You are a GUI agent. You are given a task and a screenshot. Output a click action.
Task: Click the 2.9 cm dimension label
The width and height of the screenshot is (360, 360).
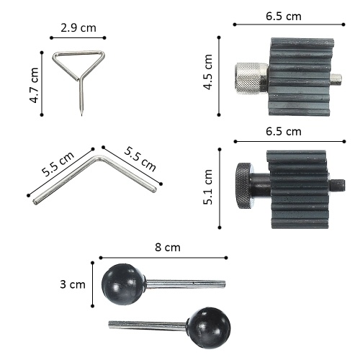coord(78,28)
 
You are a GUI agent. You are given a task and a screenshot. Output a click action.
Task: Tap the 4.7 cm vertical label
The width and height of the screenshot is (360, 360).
coord(34,86)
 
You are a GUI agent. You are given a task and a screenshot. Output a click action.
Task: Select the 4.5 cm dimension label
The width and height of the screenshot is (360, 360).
coord(208,72)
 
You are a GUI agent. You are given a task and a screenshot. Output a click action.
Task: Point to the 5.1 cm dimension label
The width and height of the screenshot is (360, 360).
coord(208,187)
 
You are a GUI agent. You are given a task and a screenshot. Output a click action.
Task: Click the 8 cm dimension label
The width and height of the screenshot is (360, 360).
coord(168,248)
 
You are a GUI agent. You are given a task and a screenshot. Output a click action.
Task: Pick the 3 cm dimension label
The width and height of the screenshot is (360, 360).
coord(73,284)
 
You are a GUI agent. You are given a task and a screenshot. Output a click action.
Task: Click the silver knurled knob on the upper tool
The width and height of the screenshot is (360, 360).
coord(251,78)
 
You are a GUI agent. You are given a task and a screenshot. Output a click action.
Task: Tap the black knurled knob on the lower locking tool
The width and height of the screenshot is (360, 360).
coord(243,186)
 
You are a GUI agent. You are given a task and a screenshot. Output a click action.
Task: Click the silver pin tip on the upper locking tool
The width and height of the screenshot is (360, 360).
coord(336,80)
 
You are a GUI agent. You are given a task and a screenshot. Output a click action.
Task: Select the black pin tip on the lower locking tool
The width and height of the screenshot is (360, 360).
coord(338,186)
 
